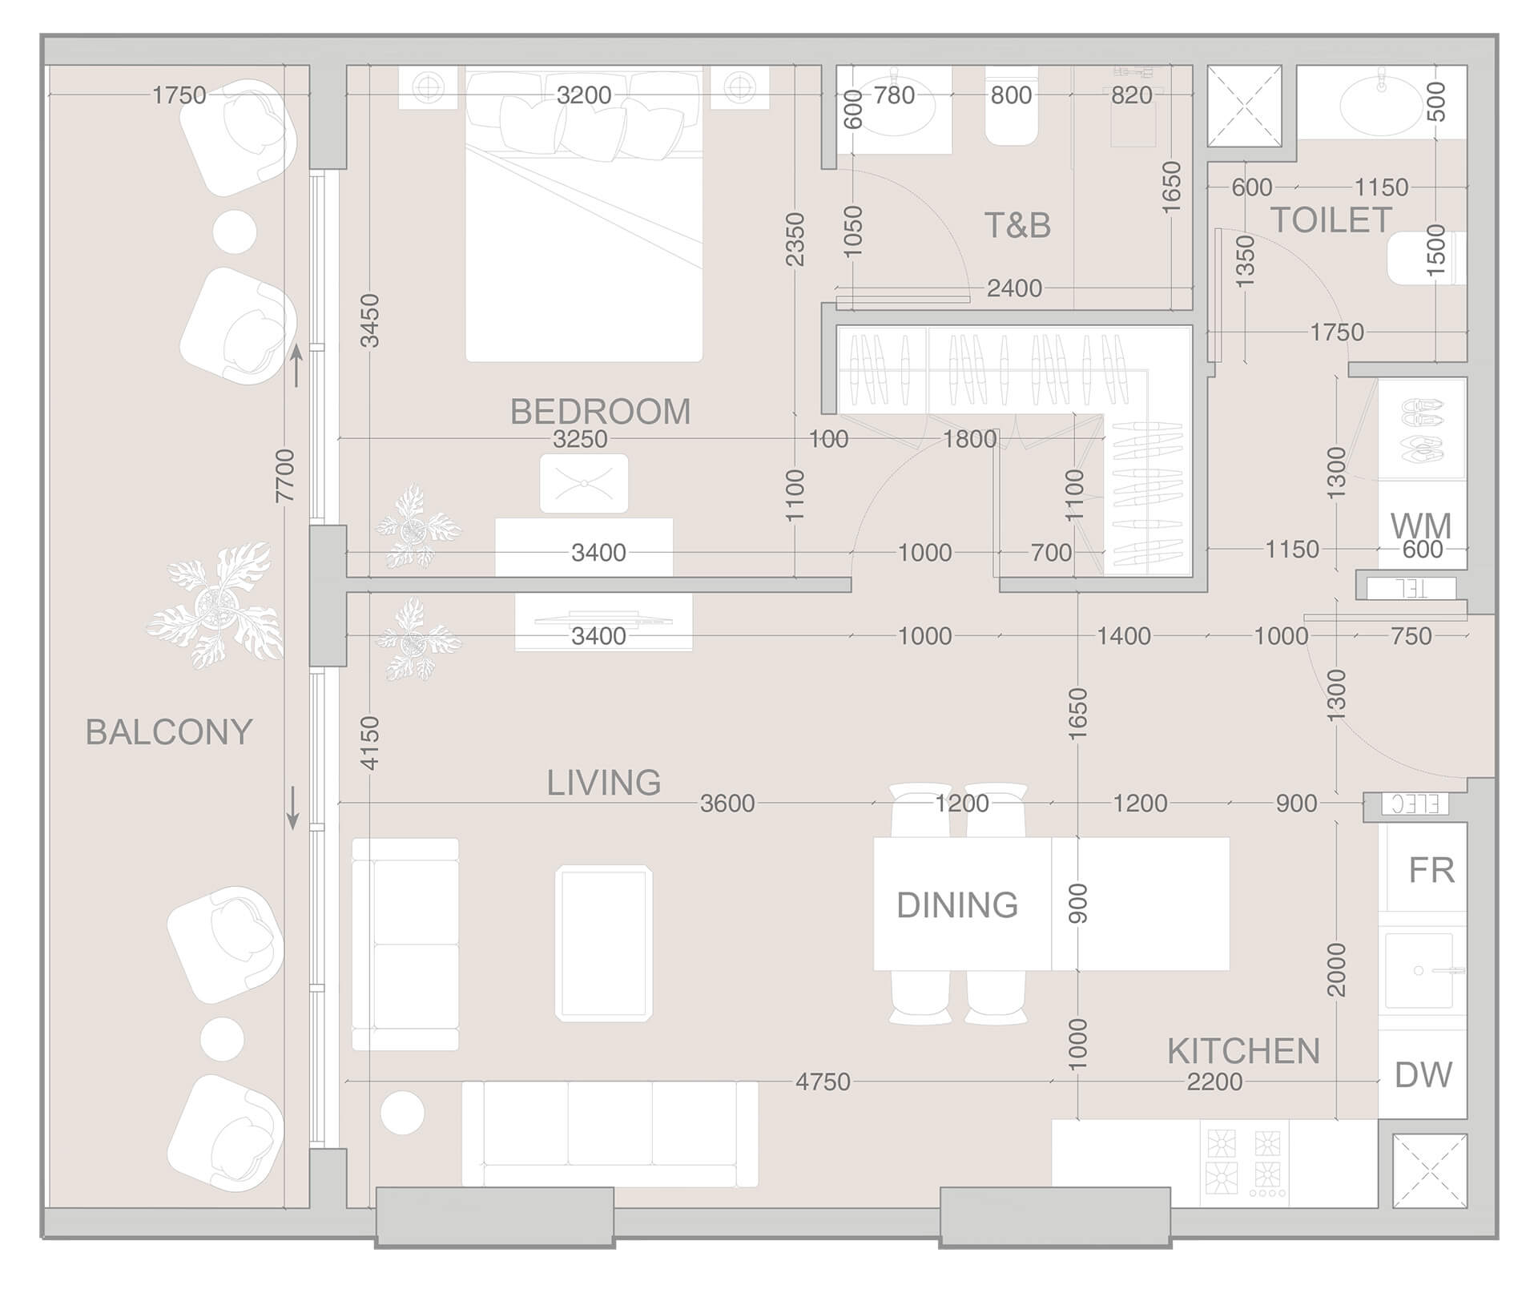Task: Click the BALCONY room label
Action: tap(169, 732)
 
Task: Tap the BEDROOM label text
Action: tap(600, 412)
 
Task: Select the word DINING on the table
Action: tap(957, 905)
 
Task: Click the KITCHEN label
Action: tap(1243, 1051)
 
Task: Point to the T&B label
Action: tap(1017, 226)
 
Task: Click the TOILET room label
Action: tap(1331, 220)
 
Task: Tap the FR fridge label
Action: tap(1431, 871)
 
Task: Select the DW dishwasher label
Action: tap(1423, 1075)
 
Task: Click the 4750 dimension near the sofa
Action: tap(823, 1082)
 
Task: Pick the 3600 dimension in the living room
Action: tap(727, 804)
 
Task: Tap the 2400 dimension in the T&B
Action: tap(1014, 288)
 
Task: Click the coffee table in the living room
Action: tap(604, 943)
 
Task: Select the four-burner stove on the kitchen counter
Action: tap(1244, 1162)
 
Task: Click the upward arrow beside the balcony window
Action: tap(296, 365)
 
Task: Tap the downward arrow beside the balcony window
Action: tap(293, 808)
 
